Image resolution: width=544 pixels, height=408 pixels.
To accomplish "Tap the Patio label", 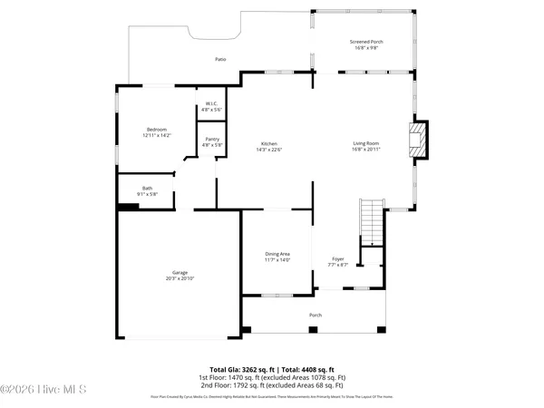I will click(x=220, y=59).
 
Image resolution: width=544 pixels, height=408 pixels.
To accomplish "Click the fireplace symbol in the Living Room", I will click(x=419, y=140).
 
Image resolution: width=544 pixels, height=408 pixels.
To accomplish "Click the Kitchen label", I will click(x=269, y=144).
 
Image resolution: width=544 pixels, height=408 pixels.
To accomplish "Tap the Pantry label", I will click(x=210, y=139).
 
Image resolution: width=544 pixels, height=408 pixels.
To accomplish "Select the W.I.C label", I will click(x=210, y=102).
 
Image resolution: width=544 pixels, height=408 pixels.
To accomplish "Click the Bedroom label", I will click(x=157, y=130).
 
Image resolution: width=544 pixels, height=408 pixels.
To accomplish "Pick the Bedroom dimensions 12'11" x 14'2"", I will click(x=157, y=136).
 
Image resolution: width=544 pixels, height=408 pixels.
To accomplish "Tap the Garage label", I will click(x=180, y=272).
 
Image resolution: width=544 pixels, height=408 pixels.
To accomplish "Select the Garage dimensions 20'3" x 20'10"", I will click(x=180, y=278).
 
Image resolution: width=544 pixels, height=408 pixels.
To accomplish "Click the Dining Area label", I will click(x=277, y=254).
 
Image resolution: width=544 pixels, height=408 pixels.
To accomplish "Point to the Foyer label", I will click(x=337, y=259).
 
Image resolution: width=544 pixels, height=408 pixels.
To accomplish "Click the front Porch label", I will click(x=316, y=315).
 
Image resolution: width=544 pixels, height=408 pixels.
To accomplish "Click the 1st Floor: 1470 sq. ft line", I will click(x=272, y=377).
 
